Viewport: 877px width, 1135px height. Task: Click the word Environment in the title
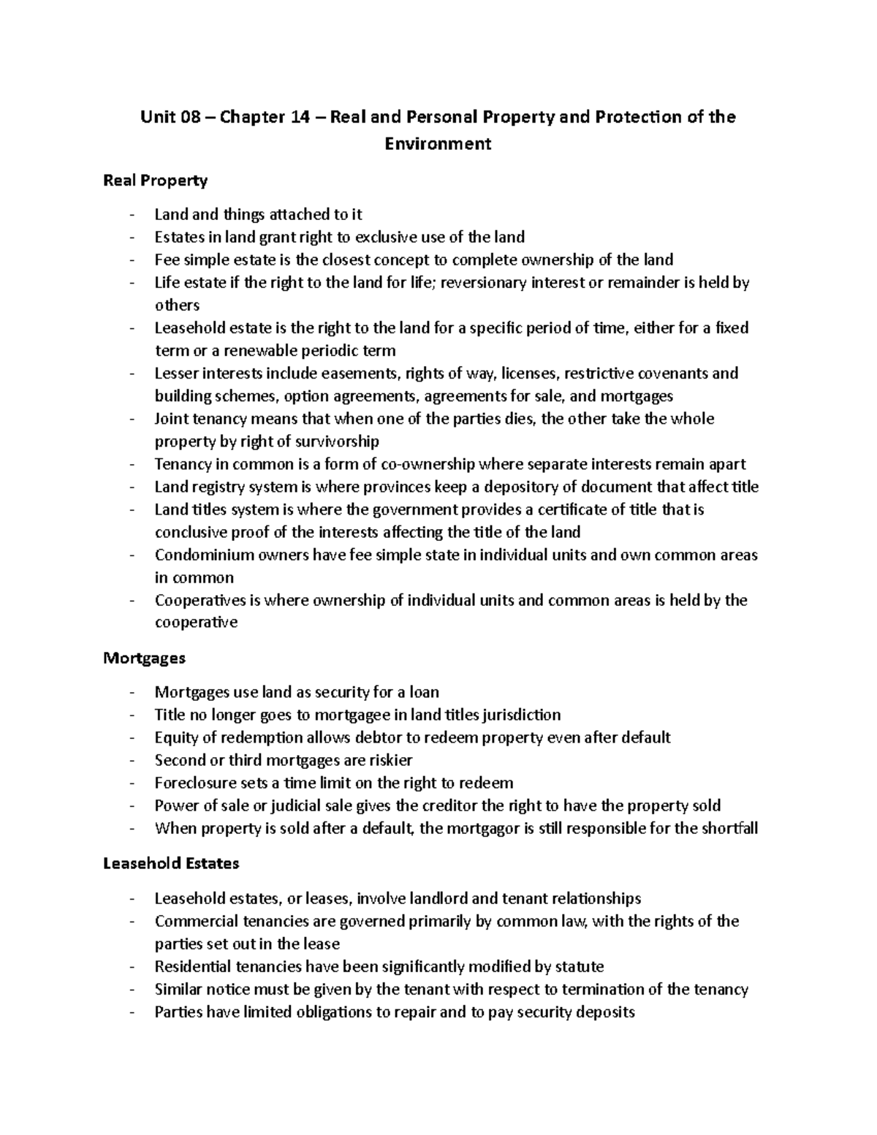pos(438,143)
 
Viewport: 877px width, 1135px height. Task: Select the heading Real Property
pos(156,180)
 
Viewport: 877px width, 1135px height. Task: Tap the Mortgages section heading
pos(145,658)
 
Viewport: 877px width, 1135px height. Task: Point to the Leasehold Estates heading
pos(172,863)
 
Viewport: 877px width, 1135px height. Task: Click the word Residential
pos(192,966)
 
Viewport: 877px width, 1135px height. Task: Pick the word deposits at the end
pos(606,1012)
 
